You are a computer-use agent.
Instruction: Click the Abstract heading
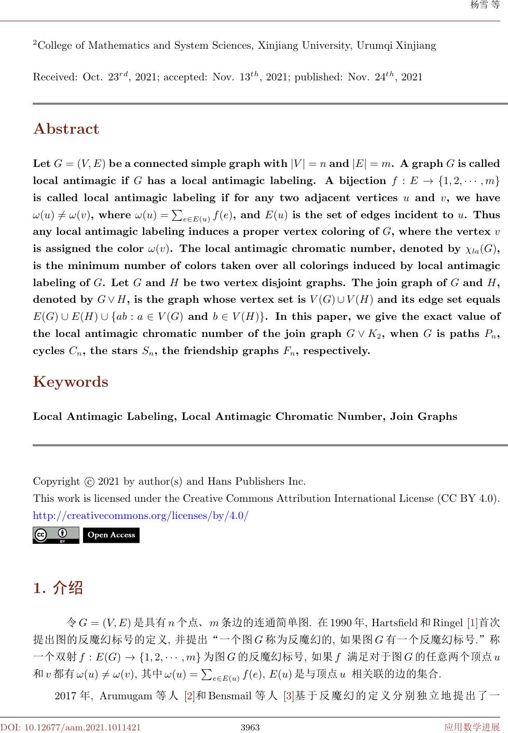tap(66, 129)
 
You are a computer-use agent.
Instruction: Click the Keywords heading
tap(71, 382)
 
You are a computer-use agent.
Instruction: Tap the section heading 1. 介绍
tap(58, 588)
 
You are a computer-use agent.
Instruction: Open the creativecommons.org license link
tap(141, 516)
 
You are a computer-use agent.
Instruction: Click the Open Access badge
tap(111, 535)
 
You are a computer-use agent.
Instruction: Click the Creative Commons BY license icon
tap(56, 535)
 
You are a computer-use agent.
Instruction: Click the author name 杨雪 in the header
tap(477, 5)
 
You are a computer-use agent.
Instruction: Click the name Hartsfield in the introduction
tap(392, 622)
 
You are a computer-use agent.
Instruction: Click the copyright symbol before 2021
tap(89, 482)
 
